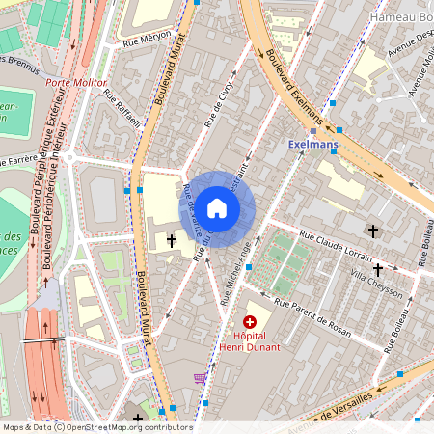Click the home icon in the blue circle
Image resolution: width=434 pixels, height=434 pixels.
[217, 207]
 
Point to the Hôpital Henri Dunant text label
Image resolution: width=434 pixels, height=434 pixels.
[250, 340]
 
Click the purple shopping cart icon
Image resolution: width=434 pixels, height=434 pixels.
[200, 378]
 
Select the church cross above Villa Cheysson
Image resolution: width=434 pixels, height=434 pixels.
[373, 231]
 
